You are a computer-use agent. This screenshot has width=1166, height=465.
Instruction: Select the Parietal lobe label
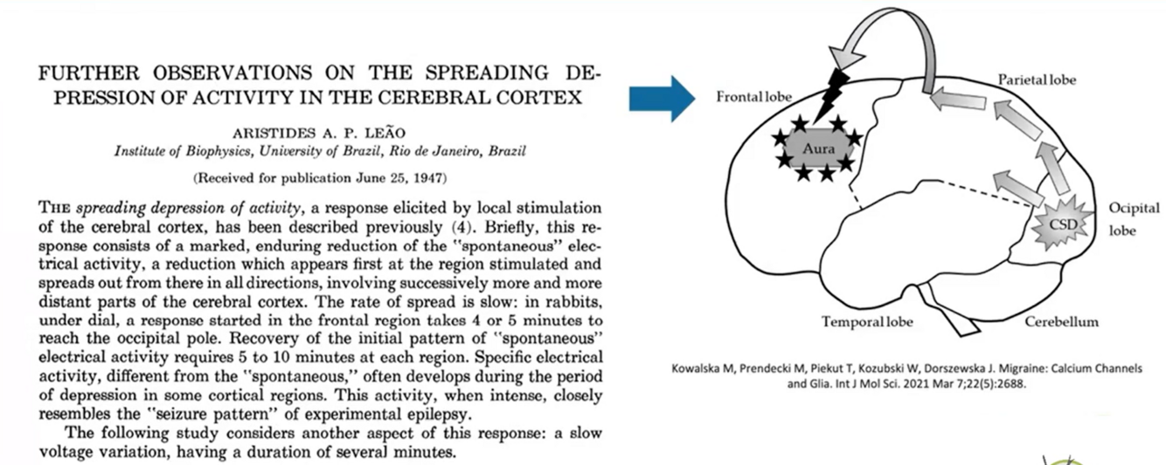point(1037,80)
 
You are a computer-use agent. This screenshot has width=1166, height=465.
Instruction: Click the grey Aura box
point(819,149)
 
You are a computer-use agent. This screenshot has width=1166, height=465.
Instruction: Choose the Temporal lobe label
point(867,322)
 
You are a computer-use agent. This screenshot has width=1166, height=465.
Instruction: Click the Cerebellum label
point(1062,322)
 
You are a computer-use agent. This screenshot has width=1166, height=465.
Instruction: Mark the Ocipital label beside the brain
point(1135,208)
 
